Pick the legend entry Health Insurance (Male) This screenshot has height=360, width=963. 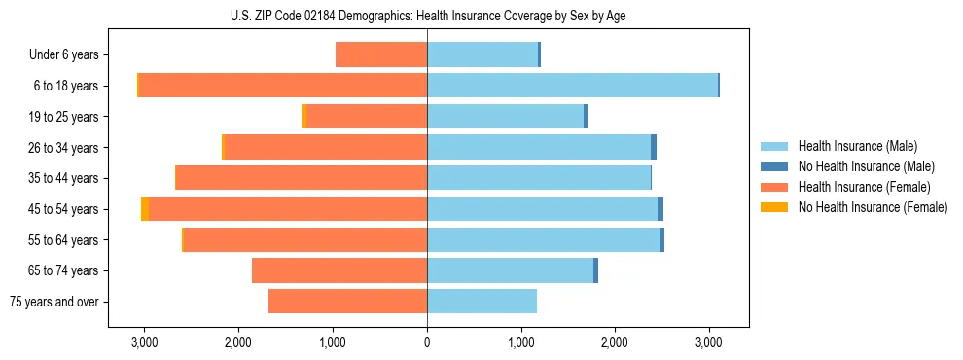(x=857, y=146)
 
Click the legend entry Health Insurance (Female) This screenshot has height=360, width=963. (x=864, y=187)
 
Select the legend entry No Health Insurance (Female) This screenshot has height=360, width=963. (x=873, y=207)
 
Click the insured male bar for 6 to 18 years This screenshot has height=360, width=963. (x=572, y=86)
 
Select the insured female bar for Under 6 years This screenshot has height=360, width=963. (x=381, y=54)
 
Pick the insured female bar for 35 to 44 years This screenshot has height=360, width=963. (x=302, y=178)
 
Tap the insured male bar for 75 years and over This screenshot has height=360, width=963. (x=481, y=302)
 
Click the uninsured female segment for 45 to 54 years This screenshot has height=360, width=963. (x=144, y=209)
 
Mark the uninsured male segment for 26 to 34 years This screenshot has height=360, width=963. (x=654, y=147)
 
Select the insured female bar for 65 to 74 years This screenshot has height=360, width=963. (x=339, y=270)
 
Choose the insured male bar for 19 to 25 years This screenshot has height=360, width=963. (x=505, y=117)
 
